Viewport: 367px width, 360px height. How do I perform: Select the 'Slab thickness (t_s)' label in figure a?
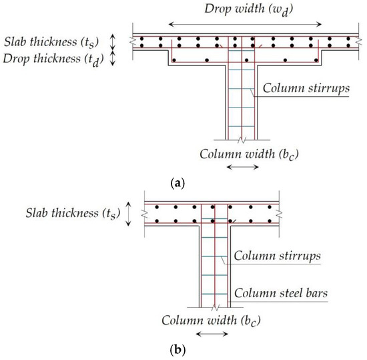point(57,41)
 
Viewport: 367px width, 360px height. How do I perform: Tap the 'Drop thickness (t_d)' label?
point(56,58)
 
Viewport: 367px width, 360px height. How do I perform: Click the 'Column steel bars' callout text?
point(278,292)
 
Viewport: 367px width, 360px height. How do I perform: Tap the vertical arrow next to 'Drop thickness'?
point(113,59)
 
